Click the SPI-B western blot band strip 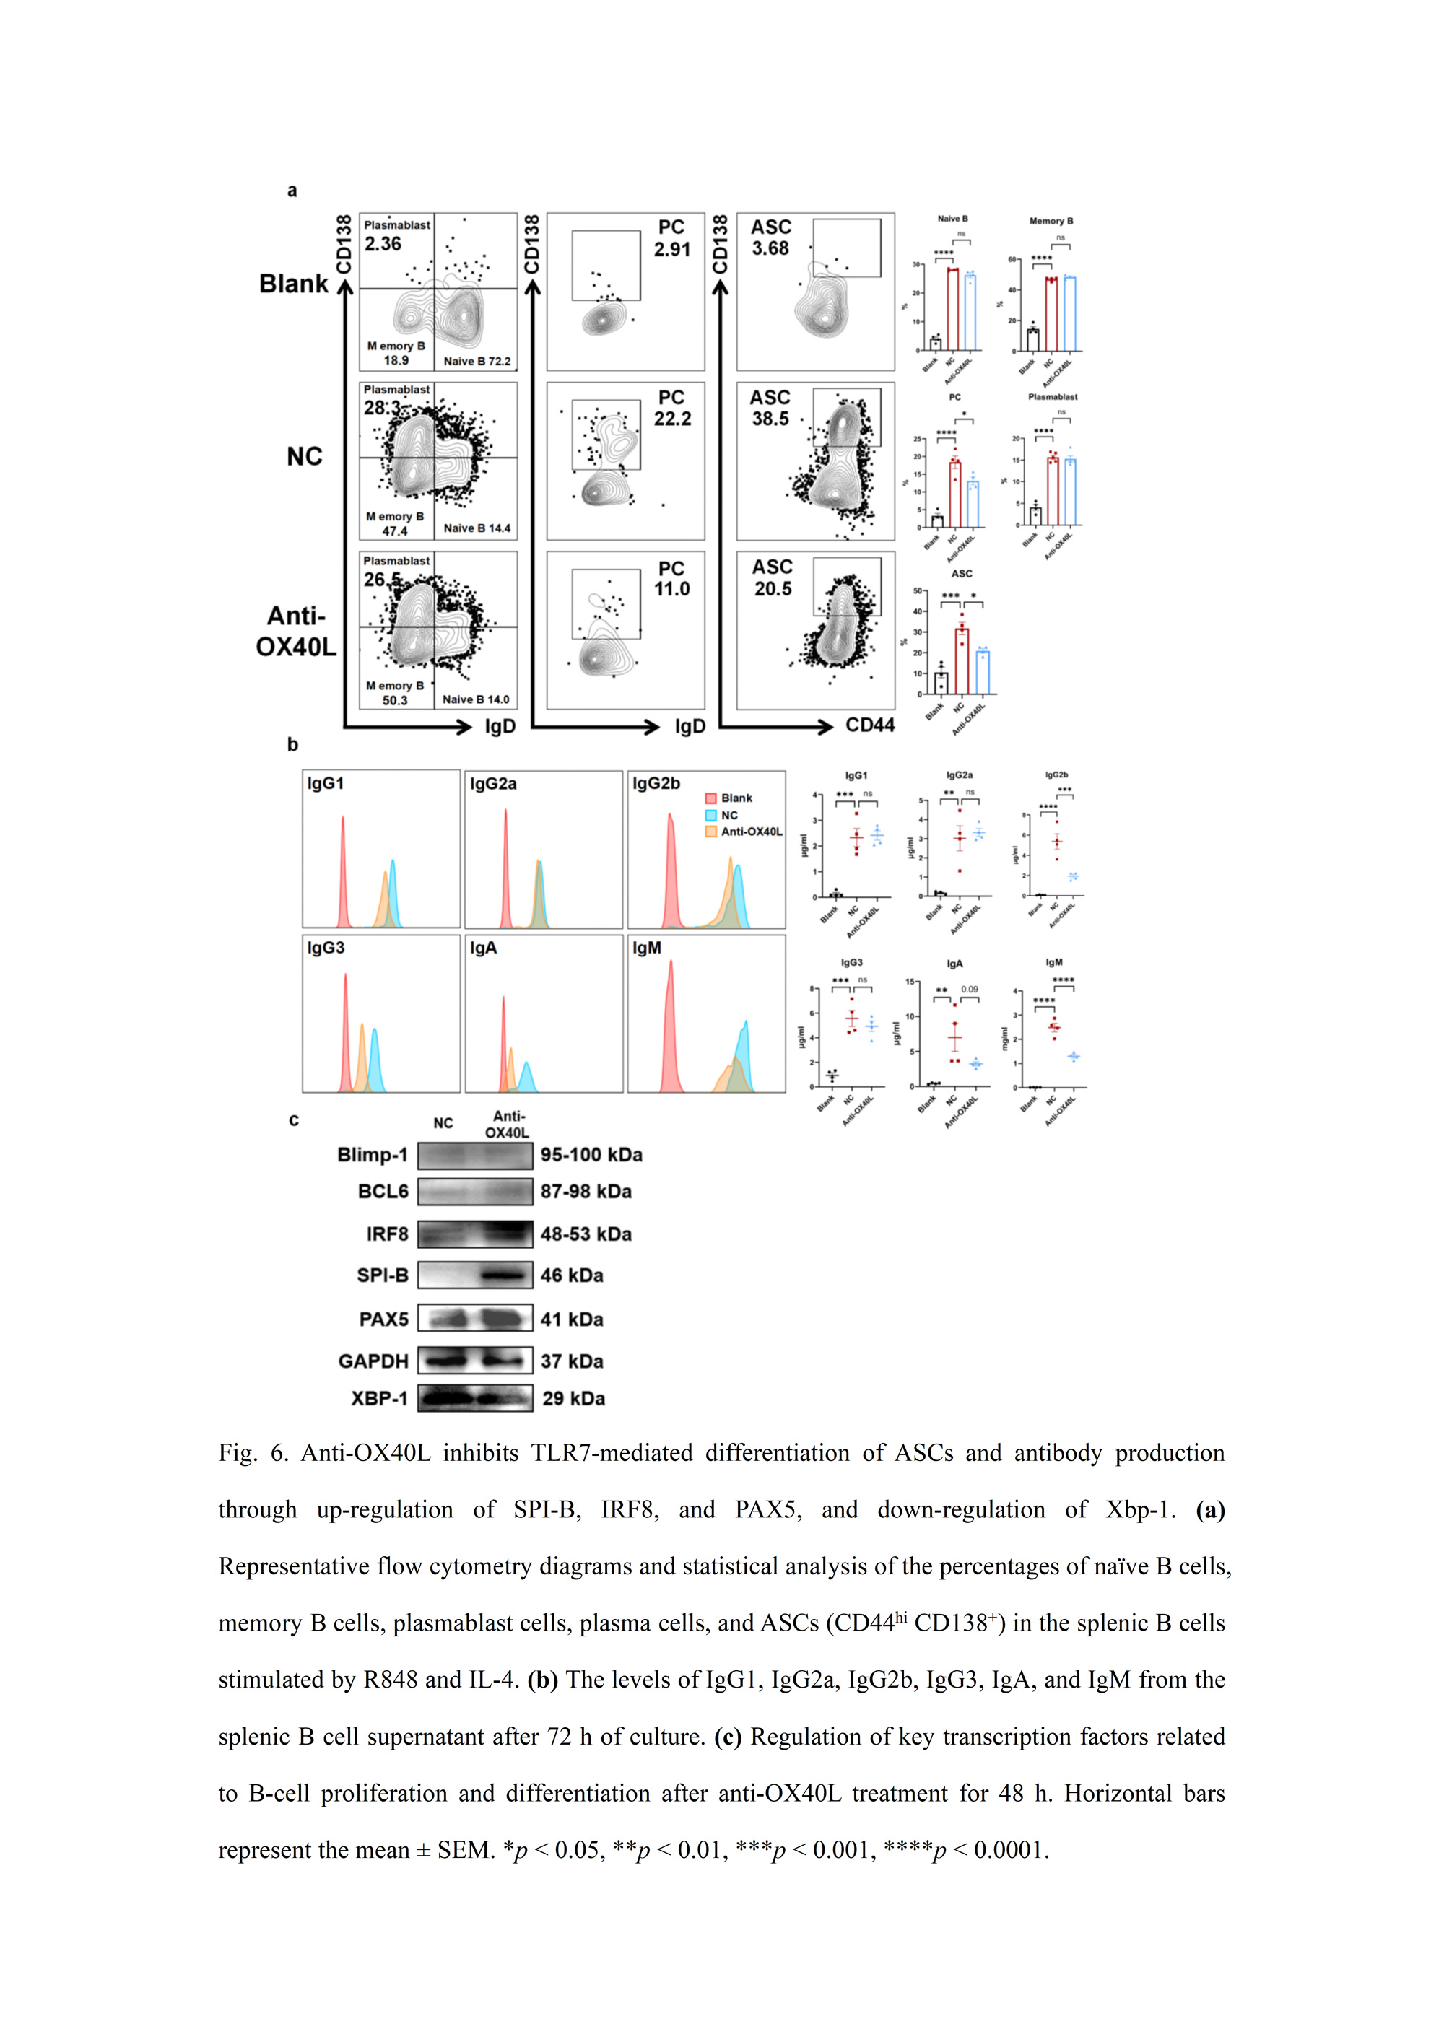475,1275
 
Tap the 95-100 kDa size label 591,1154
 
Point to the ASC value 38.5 770,418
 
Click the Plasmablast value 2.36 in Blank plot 383,244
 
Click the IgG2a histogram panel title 493,784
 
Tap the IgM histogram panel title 647,948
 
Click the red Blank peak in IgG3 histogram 345,1031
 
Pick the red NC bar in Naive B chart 952,310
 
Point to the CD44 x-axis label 869,725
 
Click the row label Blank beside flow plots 294,284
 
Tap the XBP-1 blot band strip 475,1398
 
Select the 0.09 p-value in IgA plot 969,989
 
